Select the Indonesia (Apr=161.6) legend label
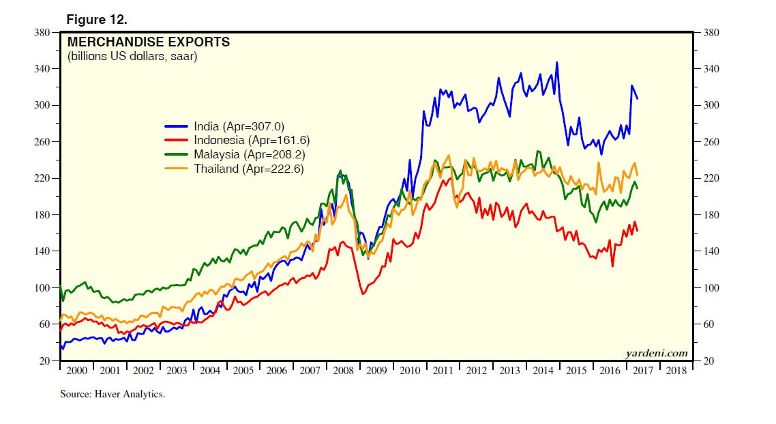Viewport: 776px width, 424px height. point(252,140)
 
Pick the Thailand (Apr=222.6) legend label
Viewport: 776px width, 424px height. point(245,168)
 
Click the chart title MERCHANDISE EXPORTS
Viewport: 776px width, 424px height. point(148,42)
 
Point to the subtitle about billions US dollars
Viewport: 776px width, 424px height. point(132,57)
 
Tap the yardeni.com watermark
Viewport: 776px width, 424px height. point(656,352)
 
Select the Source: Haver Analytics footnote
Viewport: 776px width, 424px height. point(113,394)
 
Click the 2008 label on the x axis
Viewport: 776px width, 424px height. point(343,371)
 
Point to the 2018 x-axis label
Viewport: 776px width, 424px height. point(676,371)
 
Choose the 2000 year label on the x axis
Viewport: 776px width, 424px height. point(76,371)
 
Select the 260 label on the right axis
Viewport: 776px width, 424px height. point(706,142)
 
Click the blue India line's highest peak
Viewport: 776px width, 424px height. point(557,62)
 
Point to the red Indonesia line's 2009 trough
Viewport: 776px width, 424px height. point(363,294)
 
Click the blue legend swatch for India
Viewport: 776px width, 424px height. point(176,126)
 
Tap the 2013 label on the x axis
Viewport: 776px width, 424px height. point(509,371)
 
